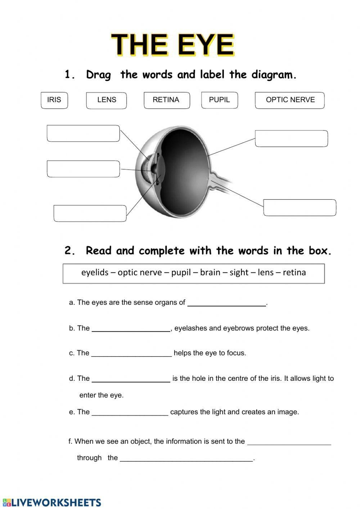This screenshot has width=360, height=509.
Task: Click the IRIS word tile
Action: point(54,100)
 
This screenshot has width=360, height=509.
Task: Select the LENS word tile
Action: point(107,100)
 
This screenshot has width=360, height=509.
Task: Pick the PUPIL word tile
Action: point(219,100)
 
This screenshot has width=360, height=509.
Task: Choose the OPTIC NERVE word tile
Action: point(290,100)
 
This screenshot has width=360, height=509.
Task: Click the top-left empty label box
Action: point(83,133)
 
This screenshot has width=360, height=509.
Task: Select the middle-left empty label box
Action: point(83,169)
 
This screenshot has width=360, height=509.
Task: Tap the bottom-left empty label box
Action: point(90,213)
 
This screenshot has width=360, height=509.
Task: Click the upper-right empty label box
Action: point(291,138)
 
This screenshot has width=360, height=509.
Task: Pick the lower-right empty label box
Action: point(300,207)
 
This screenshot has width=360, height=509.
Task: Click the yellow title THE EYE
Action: point(173,45)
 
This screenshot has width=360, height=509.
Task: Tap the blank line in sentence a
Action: point(226,303)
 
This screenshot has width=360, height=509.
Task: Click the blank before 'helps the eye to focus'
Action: point(131,354)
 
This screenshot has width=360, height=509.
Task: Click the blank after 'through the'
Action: point(186,459)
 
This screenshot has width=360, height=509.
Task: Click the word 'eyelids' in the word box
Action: point(95,272)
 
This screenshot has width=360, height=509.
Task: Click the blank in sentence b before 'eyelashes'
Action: point(131,329)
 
